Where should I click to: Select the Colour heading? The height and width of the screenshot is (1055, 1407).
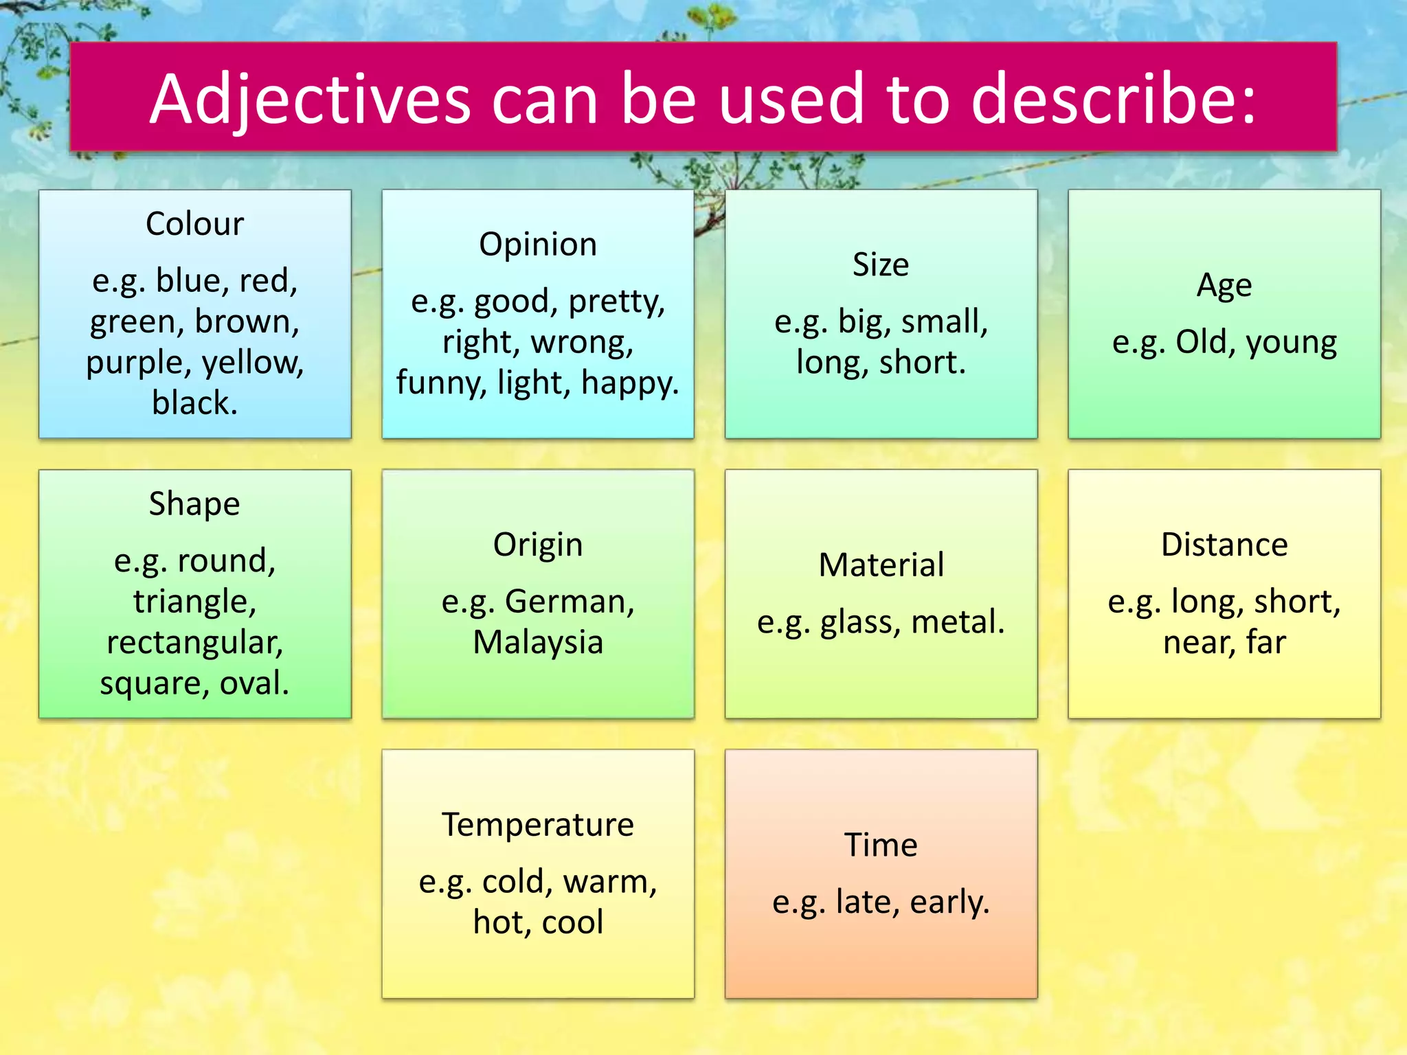click(194, 224)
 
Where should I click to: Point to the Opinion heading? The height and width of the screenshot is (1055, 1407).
click(538, 245)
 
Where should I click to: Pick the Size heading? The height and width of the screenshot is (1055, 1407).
click(881, 264)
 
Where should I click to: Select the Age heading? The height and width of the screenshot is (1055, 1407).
click(1224, 286)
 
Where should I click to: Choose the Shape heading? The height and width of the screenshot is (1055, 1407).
click(194, 504)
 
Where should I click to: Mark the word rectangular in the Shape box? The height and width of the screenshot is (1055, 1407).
click(194, 643)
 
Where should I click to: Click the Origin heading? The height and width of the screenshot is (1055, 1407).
click(538, 545)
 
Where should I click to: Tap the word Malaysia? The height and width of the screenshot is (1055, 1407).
click(538, 642)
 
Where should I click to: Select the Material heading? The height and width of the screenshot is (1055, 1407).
click(881, 565)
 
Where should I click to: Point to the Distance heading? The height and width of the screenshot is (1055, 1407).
click(1224, 545)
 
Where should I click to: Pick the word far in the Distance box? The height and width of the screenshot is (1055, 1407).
click(1266, 642)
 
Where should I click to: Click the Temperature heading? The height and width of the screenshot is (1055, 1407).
click(538, 824)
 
